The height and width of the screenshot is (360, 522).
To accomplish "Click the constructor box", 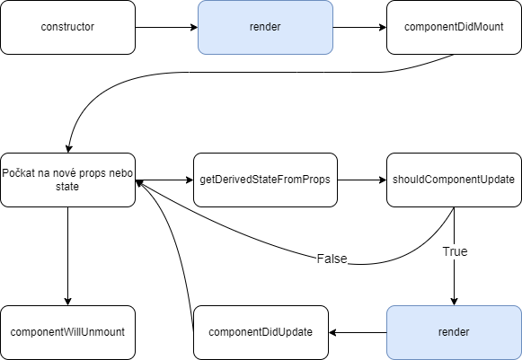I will [x=68, y=27].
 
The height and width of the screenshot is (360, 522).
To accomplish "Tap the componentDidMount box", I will [x=454, y=27].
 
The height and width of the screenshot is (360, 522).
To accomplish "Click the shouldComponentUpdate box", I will [x=454, y=180].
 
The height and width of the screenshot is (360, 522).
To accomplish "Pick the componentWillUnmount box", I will [x=68, y=332].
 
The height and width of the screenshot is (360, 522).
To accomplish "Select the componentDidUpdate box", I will [x=261, y=332].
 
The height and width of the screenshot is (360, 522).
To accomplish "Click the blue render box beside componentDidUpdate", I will [x=454, y=332].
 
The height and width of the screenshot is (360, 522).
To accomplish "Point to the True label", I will [x=455, y=252].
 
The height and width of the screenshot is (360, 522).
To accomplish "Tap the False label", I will [x=332, y=259].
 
